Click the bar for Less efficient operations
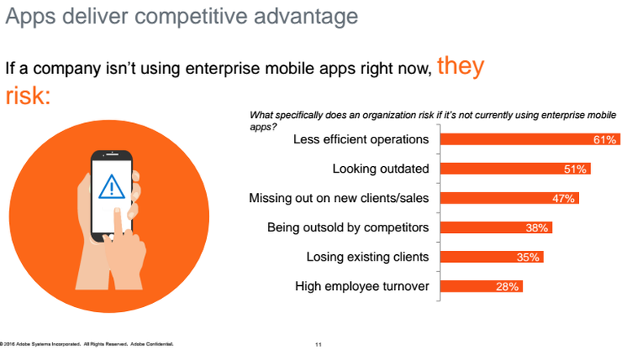tap(530, 139)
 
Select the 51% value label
tap(575, 169)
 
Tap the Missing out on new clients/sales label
tap(339, 198)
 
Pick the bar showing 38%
tap(496, 227)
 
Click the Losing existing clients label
tap(367, 257)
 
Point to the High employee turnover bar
tap(481, 287)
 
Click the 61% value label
tap(604, 139)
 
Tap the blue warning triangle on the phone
tap(112, 187)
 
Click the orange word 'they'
tap(461, 66)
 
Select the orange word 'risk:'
tap(28, 95)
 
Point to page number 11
tap(318, 345)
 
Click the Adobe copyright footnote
tap(86, 344)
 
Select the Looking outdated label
tap(381, 169)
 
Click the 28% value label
tap(507, 287)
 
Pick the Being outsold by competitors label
tap(348, 227)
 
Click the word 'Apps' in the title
tap(30, 17)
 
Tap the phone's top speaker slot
tap(112, 154)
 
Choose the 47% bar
tap(510, 198)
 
